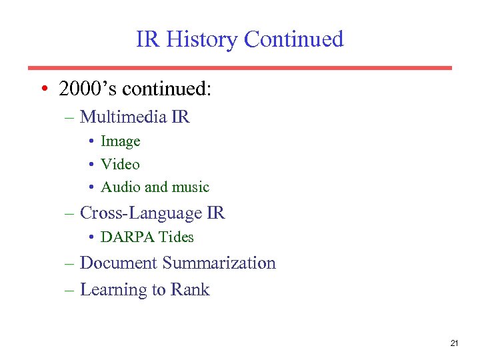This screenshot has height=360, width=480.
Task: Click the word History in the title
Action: coord(201,40)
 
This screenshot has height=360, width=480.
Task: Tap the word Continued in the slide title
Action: coord(293,40)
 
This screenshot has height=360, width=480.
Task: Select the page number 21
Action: coord(454,343)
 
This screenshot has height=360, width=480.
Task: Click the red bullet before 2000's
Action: coord(43,89)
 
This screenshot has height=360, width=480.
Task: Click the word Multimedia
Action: coord(123,117)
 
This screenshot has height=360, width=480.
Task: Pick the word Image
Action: coord(120,141)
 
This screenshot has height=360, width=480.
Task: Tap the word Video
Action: coord(120,164)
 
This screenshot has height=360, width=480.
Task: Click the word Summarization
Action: coord(219,263)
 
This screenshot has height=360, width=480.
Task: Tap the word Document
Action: coord(118,263)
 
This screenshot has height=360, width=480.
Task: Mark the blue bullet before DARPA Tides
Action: coord(91,237)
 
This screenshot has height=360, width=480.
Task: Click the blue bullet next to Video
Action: coord(91,164)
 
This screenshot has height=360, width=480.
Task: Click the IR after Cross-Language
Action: coord(216,213)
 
